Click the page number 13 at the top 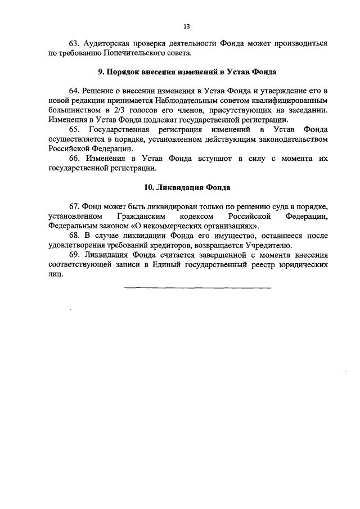(x=186, y=26)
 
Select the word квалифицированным (x=290, y=101)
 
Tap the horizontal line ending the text (x=197, y=289)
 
